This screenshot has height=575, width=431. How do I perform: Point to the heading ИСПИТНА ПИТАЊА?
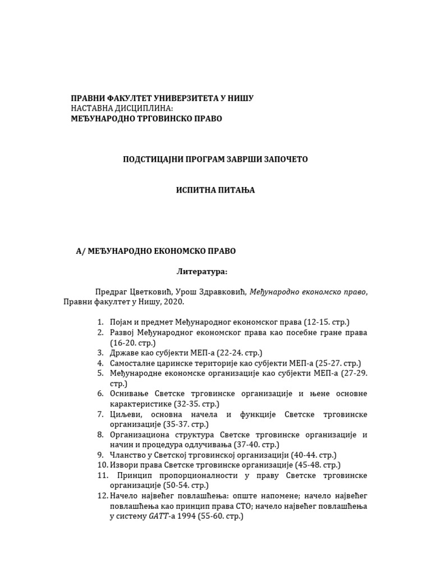(215, 190)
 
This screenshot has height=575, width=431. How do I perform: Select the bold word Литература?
(202, 272)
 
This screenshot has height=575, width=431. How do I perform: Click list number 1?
(100, 322)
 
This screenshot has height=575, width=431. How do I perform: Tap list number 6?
(100, 394)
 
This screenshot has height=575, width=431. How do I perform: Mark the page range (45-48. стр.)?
(317, 465)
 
